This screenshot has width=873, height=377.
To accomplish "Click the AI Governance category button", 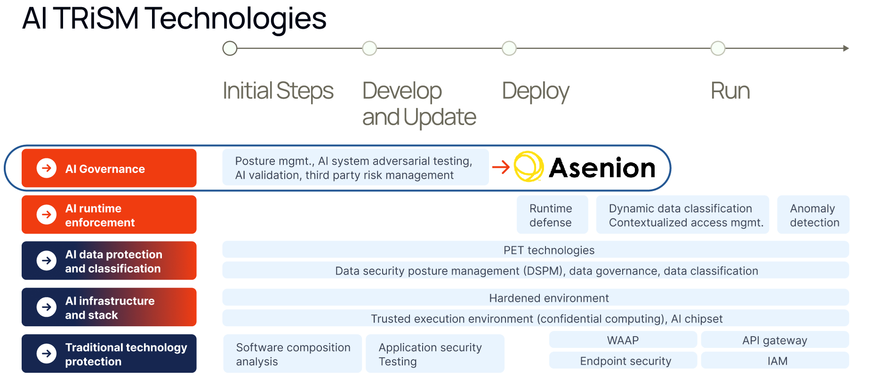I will pyautogui.click(x=109, y=168).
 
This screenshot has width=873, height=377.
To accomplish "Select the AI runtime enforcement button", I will pyautogui.click(x=109, y=215).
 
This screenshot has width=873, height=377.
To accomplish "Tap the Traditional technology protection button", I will pyautogui.click(x=109, y=354).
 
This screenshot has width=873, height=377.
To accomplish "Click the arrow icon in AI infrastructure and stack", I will pyautogui.click(x=47, y=307).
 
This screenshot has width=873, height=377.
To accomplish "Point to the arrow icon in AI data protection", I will pyautogui.click(x=47, y=260).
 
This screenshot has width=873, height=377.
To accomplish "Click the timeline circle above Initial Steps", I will pyautogui.click(x=230, y=48).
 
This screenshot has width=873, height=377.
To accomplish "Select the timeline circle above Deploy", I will pyautogui.click(x=509, y=48).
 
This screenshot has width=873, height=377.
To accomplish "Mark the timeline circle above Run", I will pyautogui.click(x=718, y=48).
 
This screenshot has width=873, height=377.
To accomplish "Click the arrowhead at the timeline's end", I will pyautogui.click(x=846, y=48).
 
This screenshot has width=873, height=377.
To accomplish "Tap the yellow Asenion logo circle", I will pyautogui.click(x=529, y=166).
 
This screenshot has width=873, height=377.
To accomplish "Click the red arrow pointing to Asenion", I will pyautogui.click(x=501, y=167).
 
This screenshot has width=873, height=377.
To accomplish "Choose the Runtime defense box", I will pyautogui.click(x=552, y=215).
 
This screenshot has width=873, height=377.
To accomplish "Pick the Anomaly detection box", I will pyautogui.click(x=813, y=215).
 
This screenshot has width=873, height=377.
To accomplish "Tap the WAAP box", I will pyautogui.click(x=623, y=340).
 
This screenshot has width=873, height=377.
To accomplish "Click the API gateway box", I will pyautogui.click(x=775, y=340).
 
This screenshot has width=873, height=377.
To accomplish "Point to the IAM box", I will pyautogui.click(x=775, y=361).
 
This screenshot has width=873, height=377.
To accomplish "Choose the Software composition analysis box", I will pyautogui.click(x=292, y=354).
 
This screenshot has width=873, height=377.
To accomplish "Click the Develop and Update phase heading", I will pyautogui.click(x=419, y=104).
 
